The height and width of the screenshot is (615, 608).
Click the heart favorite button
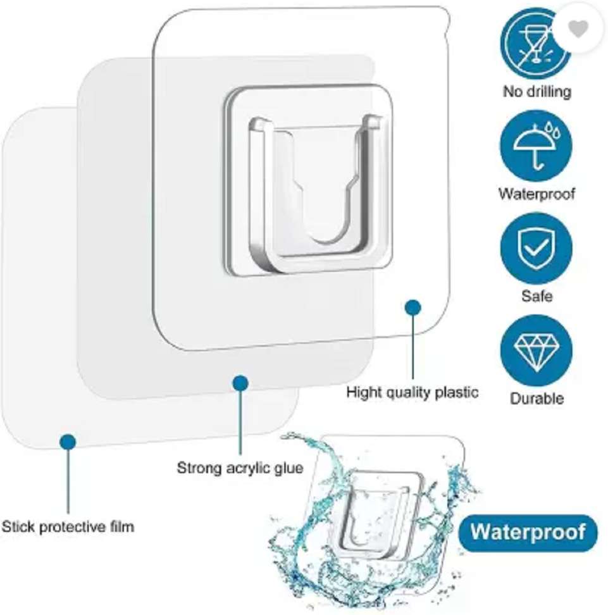click(578, 28)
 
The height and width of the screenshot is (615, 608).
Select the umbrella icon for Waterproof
click(536, 146)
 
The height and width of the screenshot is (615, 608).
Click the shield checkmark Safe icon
click(537, 248)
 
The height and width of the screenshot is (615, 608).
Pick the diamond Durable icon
click(537, 351)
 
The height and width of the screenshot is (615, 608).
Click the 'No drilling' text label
click(537, 92)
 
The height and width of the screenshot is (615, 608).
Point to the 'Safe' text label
click(537, 295)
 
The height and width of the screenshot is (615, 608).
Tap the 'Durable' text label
click(537, 398)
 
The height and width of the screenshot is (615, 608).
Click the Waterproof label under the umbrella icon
click(537, 194)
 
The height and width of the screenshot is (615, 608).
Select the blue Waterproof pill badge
click(528, 533)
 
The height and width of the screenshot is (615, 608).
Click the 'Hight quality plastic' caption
click(413, 392)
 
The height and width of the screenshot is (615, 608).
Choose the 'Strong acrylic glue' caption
click(240, 468)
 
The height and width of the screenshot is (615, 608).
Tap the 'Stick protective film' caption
click(68, 526)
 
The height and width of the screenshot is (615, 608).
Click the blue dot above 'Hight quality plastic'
click(413, 307)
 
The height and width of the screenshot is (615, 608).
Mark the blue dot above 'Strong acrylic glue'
click(240, 383)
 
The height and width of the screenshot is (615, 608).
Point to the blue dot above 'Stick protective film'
click(68, 442)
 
